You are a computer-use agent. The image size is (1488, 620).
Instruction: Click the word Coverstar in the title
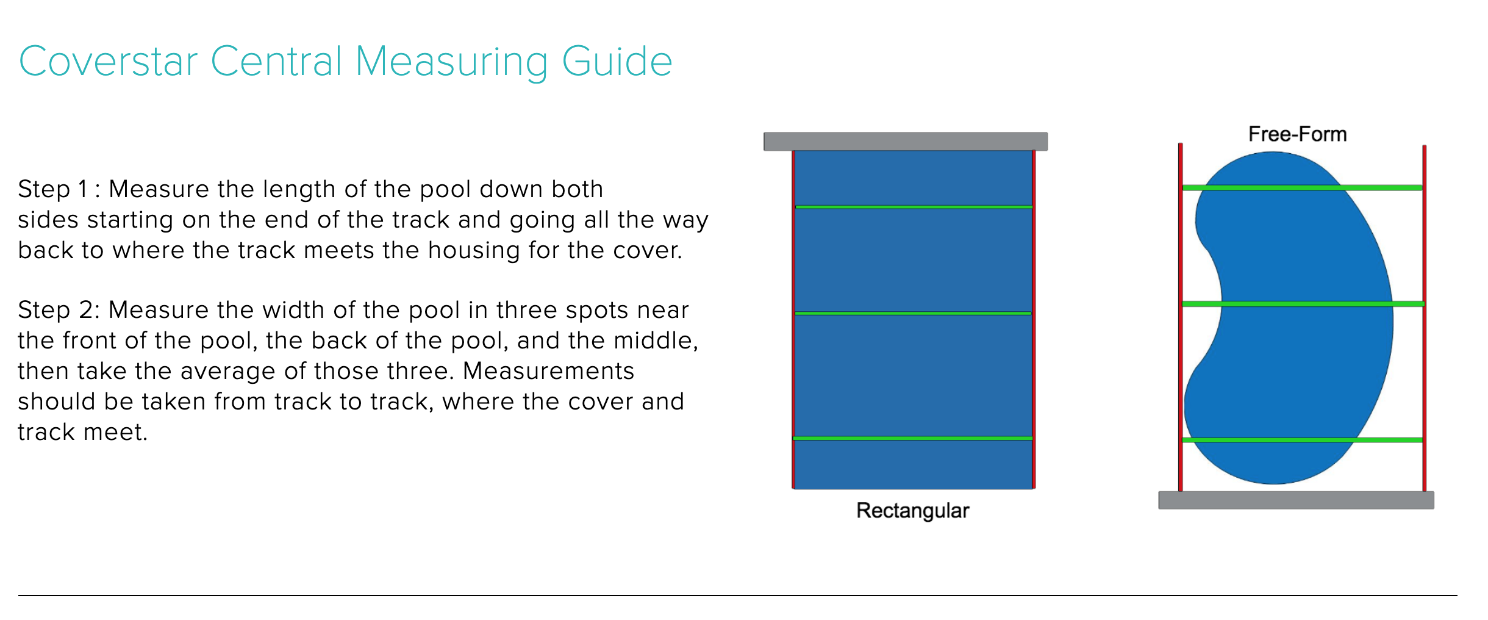(x=109, y=61)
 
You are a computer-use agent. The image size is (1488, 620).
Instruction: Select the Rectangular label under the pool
(x=912, y=511)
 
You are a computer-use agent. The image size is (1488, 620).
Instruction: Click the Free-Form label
(x=1297, y=134)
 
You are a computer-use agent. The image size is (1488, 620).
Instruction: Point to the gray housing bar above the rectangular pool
(x=906, y=142)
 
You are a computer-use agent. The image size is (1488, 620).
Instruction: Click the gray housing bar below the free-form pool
(x=1296, y=500)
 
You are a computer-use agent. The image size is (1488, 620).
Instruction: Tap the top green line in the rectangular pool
(x=914, y=207)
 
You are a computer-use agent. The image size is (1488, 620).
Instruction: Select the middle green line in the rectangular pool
(x=914, y=313)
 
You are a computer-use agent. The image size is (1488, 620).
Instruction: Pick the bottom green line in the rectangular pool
(x=913, y=438)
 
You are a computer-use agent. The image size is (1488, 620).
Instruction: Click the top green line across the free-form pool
(x=1302, y=187)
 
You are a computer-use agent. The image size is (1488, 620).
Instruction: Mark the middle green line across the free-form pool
(x=1303, y=303)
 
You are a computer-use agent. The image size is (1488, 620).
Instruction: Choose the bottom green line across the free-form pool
(x=1302, y=439)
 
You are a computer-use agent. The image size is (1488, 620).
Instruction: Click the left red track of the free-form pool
(x=1181, y=317)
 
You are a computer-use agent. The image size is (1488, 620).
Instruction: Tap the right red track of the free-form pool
(x=1425, y=318)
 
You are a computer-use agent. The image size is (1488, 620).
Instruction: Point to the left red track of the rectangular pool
(x=793, y=320)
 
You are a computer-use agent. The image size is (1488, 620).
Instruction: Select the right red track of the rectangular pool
(x=1034, y=320)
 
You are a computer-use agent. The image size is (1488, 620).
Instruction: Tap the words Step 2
(x=55, y=310)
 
